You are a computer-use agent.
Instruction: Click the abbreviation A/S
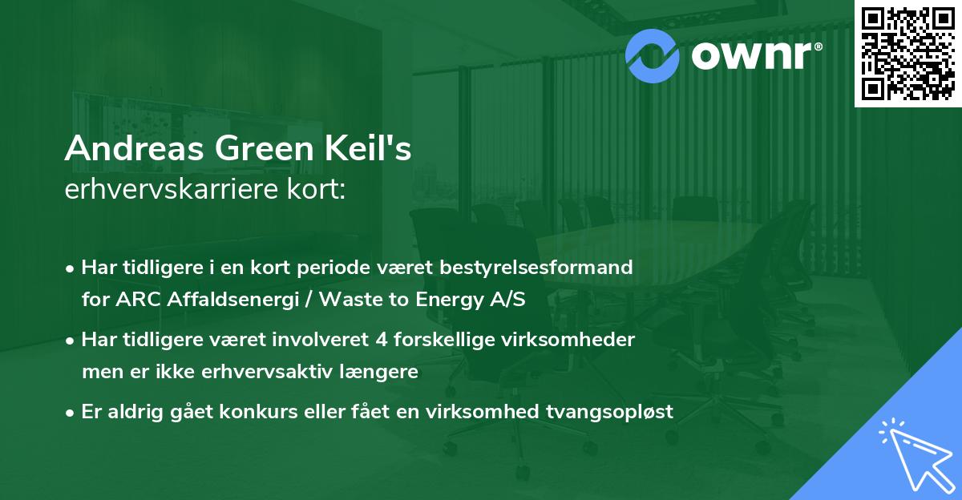point(507,299)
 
